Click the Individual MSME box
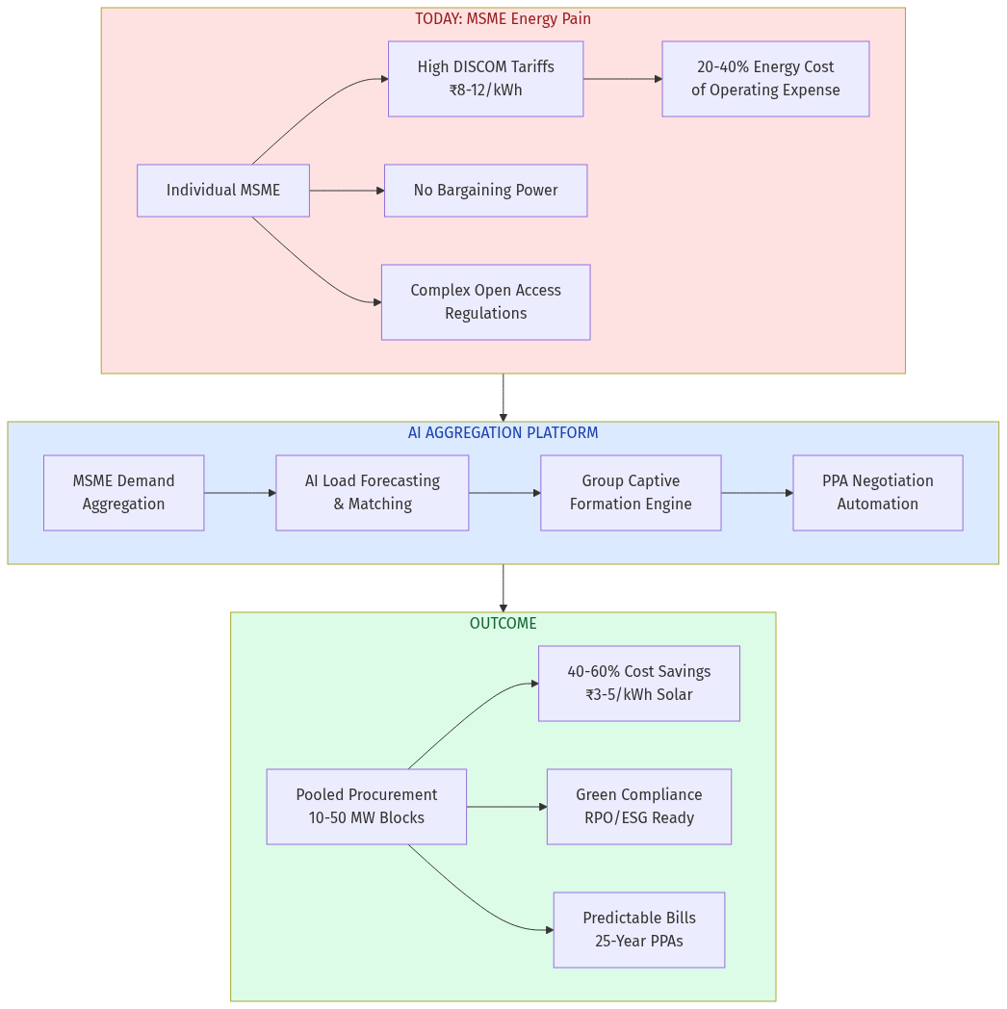pos(222,191)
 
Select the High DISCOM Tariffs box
pos(485,79)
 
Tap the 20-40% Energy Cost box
pos(765,79)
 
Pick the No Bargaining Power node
pos(485,191)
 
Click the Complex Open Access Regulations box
pos(485,302)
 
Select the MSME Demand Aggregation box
pos(123,493)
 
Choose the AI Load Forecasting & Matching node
pos(372,493)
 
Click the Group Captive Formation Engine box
pos(631,493)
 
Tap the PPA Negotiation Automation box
pos(877,493)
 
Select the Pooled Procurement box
pos(366,807)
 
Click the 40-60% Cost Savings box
pos(638,684)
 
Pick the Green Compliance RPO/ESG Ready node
pos(638,807)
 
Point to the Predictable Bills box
pos(638,930)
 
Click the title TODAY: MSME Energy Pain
pos(503,19)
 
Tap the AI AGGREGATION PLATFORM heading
pos(503,433)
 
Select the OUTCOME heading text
pos(503,624)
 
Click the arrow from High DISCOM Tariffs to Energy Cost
pos(622,79)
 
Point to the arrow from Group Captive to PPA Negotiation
pos(757,493)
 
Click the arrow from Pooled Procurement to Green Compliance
pos(506,807)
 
